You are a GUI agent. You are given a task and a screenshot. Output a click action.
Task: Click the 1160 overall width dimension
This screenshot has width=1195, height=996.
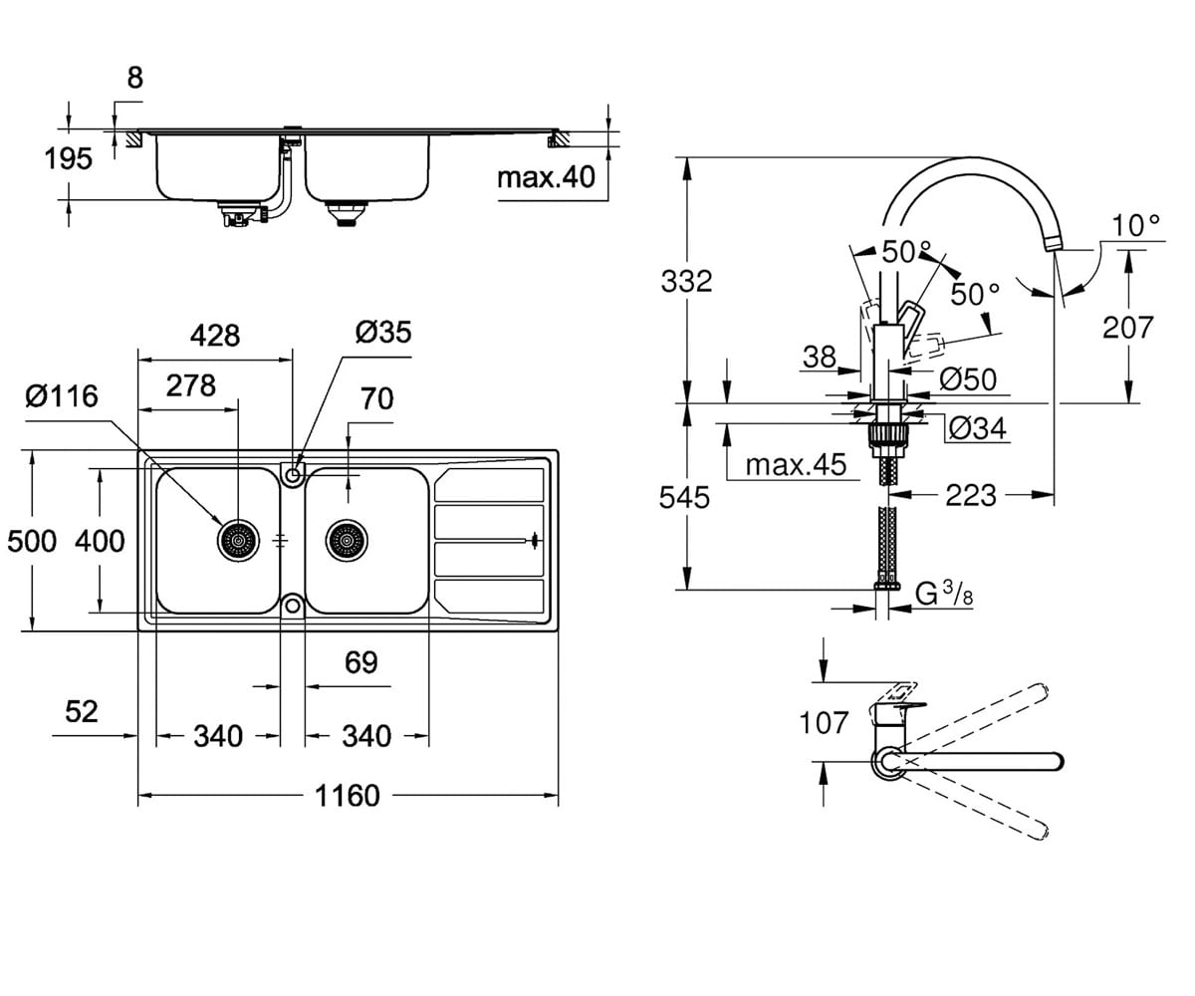point(348,796)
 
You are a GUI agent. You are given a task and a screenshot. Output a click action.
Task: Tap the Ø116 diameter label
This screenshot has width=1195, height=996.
point(62,396)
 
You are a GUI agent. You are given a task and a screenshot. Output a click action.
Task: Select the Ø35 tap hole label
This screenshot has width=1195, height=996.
point(382,332)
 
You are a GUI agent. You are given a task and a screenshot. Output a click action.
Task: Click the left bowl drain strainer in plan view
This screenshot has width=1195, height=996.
point(238,541)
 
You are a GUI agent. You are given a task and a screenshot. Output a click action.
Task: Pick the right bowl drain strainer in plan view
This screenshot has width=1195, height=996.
point(347,541)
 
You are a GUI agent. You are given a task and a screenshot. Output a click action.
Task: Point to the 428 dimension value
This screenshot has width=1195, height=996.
point(215,336)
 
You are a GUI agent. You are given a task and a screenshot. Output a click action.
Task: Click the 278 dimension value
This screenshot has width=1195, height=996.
point(191,385)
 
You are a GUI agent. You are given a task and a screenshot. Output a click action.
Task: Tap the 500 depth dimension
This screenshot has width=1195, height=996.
point(32,541)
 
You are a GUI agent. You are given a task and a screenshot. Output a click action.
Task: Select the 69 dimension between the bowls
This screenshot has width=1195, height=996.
point(361,662)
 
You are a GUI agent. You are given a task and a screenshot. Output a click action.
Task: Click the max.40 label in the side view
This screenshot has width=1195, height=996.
point(546,177)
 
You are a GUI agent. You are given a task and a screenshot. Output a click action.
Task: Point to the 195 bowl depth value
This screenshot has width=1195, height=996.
point(68,158)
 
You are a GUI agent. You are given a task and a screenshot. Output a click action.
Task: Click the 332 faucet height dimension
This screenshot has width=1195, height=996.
point(686,281)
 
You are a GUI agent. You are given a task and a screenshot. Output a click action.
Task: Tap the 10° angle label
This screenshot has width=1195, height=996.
point(1136,226)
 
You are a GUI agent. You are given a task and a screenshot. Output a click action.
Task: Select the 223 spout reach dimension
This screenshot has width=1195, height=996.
point(971,495)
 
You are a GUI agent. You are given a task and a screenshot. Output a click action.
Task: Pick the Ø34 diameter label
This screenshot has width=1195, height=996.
point(978,428)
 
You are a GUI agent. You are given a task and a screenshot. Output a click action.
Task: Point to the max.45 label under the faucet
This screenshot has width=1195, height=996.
point(796,464)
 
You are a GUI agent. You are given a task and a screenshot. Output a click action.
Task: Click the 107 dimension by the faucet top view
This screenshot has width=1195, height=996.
point(824,722)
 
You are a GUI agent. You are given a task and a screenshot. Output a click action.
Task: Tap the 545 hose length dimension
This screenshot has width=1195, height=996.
point(684,497)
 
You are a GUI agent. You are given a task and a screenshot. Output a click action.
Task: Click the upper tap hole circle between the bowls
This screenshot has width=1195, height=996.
point(293,474)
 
